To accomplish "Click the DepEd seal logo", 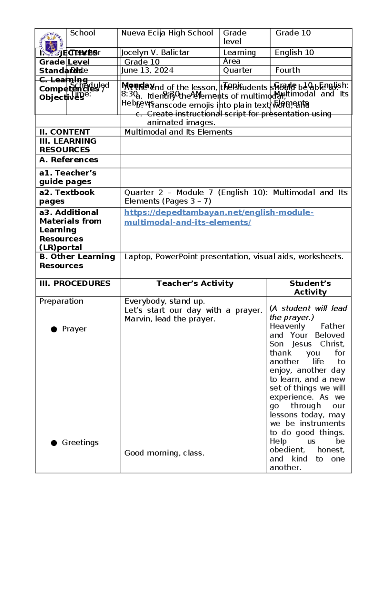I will [x=51, y=44].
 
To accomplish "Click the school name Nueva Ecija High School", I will [x=167, y=33].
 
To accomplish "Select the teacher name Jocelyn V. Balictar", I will [x=155, y=52].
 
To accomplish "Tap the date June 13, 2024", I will [x=147, y=70].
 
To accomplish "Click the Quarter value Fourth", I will [x=287, y=70].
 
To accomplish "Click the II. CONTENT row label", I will [x=64, y=132].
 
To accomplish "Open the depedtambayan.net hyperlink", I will [x=219, y=213].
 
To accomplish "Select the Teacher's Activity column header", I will [x=195, y=283].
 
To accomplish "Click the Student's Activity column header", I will [x=310, y=288].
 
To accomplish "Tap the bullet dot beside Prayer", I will [x=54, y=329].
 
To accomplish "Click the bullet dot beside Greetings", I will [x=54, y=443].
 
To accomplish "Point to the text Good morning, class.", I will [x=164, y=453].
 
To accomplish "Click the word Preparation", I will [x=61, y=301].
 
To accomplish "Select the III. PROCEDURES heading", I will [x=75, y=283].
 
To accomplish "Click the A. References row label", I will [x=69, y=160].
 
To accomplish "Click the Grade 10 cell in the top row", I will [x=293, y=33].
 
